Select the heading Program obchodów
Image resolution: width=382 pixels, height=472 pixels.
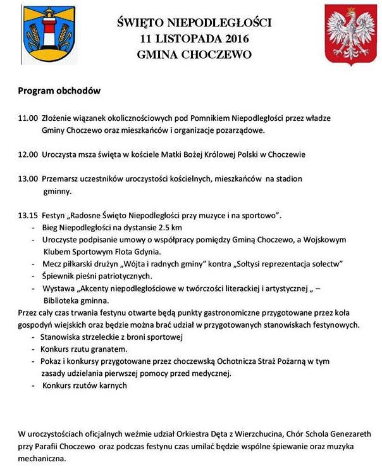click(x=59, y=90)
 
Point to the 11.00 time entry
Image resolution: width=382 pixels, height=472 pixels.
click(x=28, y=118)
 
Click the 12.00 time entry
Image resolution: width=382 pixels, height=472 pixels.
click(x=28, y=154)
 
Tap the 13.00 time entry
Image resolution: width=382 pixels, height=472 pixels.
click(x=28, y=178)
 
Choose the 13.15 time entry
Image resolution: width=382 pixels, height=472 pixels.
click(x=28, y=216)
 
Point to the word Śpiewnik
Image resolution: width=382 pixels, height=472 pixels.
click(x=58, y=276)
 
